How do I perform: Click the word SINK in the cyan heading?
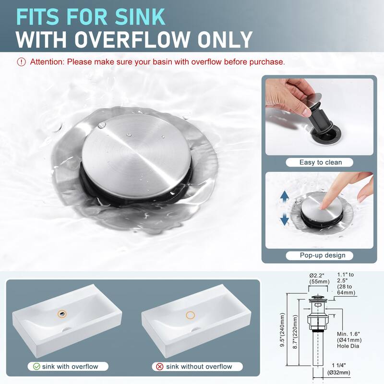coord(140,17)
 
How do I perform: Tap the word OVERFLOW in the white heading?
coord(132,39)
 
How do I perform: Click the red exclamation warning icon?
coord(21,62)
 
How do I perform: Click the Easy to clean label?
coord(320,162)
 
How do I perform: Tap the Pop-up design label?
coord(323,255)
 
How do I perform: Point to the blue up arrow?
coord(284,197)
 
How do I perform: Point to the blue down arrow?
coord(284,219)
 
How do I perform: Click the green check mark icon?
coord(36,366)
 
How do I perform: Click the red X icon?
coord(160,367)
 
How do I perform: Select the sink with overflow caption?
coord(70,367)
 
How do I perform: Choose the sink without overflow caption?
coord(199,367)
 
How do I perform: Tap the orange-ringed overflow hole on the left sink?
coord(62,314)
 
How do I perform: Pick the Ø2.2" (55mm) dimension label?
coord(319,278)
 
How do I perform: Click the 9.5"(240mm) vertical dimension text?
coord(282,329)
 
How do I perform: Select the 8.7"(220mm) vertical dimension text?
coord(295,332)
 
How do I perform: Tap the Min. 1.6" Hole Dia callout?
coord(349,340)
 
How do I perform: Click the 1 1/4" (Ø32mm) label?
coord(339,369)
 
